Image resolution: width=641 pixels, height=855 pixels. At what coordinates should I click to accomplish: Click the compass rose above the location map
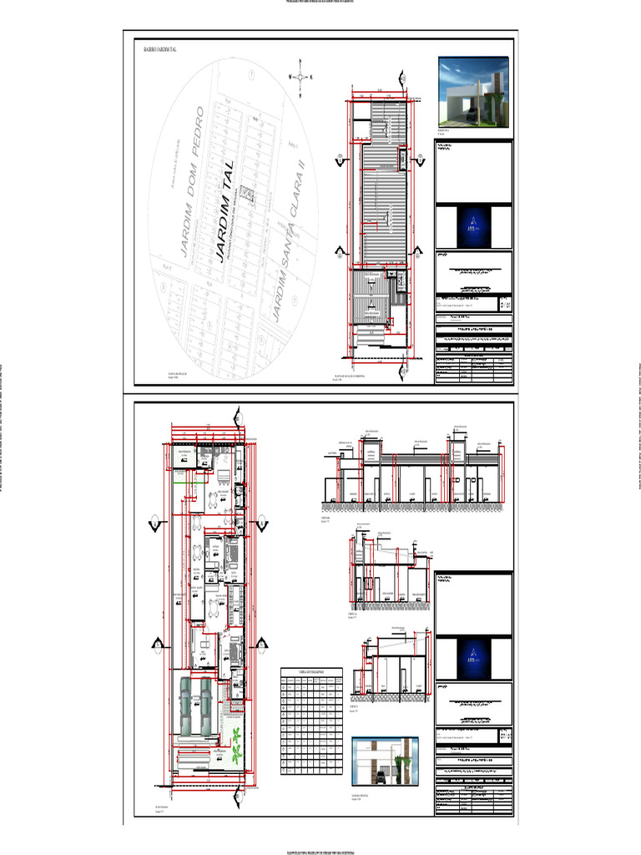coord(300,77)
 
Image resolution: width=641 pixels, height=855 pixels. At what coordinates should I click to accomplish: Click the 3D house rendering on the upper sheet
coord(473,92)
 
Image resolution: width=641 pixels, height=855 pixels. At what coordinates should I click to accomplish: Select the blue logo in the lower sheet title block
coord(473,656)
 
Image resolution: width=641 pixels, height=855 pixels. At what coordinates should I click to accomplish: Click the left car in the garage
coord(185,706)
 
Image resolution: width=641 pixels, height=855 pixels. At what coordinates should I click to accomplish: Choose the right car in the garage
coord(205,706)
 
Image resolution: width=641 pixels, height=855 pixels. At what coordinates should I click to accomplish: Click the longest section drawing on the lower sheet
coord(413,476)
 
